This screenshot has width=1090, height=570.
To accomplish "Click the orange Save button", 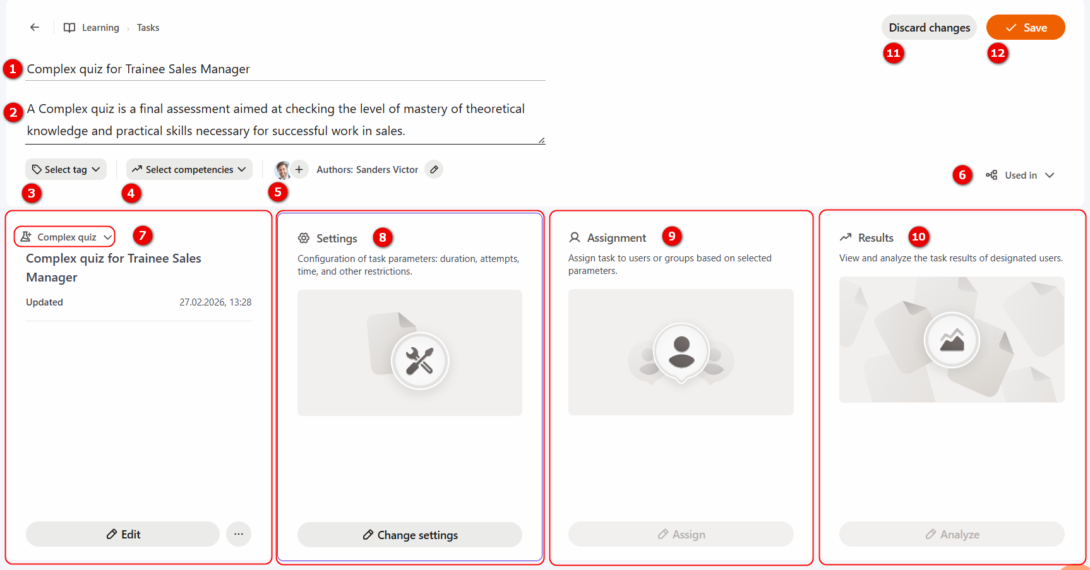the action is click(1026, 27).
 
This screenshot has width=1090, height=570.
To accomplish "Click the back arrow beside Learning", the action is click(35, 27).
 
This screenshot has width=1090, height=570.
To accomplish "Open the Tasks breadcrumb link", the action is click(148, 28).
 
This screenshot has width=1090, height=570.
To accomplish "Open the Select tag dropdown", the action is click(66, 169).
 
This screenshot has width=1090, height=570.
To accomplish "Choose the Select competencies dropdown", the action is click(189, 169).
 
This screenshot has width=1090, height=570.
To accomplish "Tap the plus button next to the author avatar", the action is click(299, 169).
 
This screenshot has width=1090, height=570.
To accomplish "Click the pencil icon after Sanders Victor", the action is click(434, 169).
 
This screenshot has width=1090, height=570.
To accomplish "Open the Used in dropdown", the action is click(1020, 175).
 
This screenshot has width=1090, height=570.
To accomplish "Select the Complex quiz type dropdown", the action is click(64, 237).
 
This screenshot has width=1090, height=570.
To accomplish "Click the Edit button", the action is click(123, 534).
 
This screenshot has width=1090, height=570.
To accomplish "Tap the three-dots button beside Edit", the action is click(239, 534).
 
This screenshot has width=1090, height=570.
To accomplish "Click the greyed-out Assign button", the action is click(681, 534).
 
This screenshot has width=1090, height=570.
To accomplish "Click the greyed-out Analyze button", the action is click(952, 534).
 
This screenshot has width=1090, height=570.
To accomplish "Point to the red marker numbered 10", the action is click(918, 237).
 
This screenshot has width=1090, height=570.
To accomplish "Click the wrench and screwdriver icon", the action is click(419, 361).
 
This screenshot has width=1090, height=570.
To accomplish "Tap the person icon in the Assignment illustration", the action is click(681, 352).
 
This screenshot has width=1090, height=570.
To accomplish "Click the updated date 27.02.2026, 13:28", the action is click(215, 302).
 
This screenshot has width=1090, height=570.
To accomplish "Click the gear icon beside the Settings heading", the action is click(304, 238).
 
